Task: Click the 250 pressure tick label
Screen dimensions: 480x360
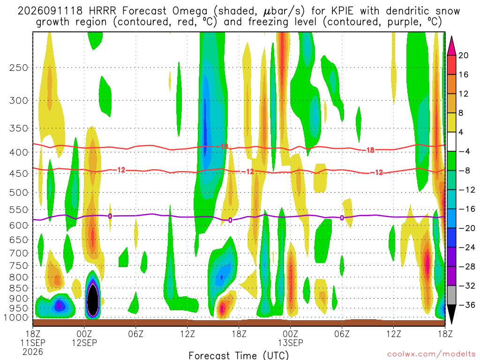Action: click(x=19, y=67)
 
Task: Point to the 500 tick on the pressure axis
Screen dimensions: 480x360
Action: click(x=19, y=193)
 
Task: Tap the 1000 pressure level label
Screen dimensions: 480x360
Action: click(x=16, y=318)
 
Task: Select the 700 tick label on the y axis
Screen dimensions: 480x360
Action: click(x=19, y=253)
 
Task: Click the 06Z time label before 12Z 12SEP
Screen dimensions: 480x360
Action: click(x=135, y=334)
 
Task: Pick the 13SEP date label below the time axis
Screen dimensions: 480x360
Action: click(x=290, y=343)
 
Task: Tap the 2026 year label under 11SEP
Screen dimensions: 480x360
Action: click(x=33, y=352)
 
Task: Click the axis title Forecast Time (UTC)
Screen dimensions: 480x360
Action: click(x=239, y=355)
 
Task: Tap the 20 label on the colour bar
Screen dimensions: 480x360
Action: click(x=463, y=55)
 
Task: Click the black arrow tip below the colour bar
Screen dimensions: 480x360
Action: click(x=451, y=323)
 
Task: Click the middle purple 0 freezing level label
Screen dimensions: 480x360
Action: click(x=230, y=220)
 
